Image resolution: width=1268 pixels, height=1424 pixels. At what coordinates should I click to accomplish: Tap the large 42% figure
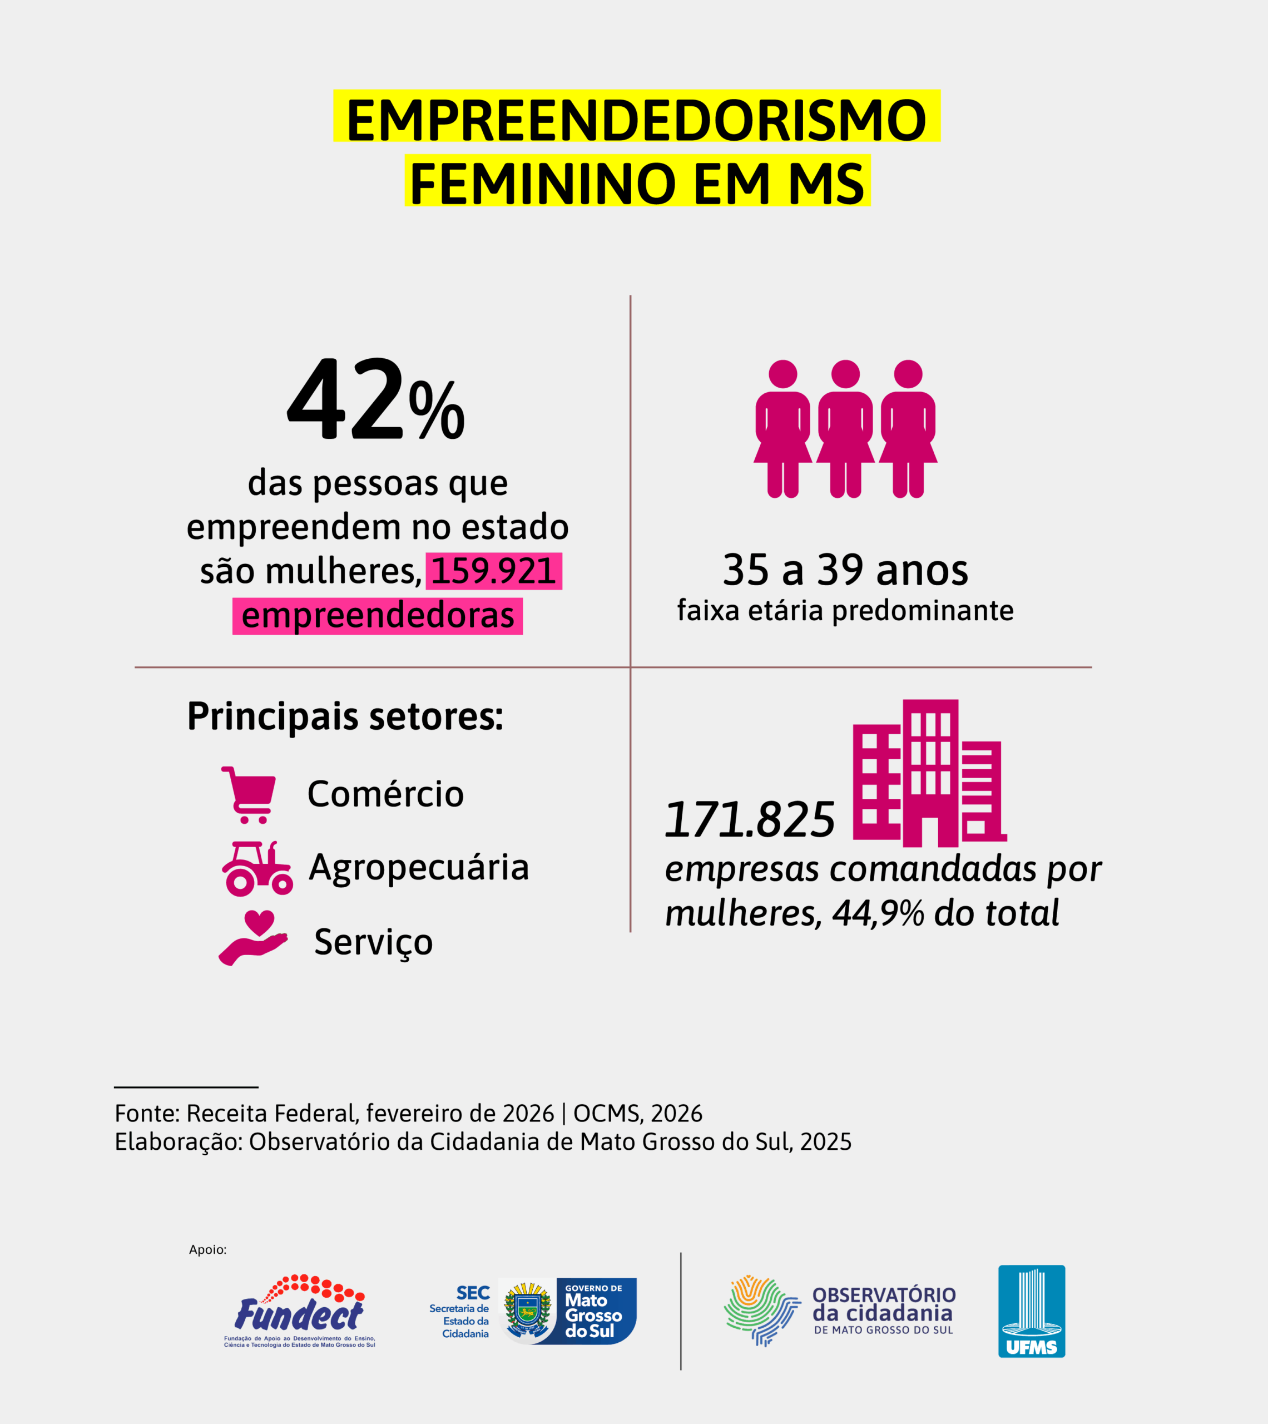[x=375, y=400]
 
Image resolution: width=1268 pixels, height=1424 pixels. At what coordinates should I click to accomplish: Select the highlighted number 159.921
[x=493, y=571]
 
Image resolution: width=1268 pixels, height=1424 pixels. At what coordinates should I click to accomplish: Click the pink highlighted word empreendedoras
[x=378, y=616]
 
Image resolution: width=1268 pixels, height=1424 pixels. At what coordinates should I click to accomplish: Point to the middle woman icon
[x=845, y=428]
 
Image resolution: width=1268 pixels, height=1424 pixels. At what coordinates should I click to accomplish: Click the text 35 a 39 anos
[x=845, y=570]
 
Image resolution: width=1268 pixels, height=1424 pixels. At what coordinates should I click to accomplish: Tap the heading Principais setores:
[x=345, y=716]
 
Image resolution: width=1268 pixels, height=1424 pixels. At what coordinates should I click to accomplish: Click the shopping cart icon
[x=249, y=794]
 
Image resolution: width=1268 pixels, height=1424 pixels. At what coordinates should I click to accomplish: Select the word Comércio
[x=385, y=794]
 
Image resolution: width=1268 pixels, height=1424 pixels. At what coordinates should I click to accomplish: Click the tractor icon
[x=256, y=868]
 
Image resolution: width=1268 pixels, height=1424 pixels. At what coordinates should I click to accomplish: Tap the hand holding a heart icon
[x=253, y=938]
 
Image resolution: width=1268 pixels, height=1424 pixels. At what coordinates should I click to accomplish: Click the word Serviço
[x=373, y=942]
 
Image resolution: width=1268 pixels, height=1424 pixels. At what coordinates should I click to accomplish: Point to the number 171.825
[x=750, y=820]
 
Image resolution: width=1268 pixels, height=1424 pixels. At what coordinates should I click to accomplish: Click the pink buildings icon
[x=929, y=773]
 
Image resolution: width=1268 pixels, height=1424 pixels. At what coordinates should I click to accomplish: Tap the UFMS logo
[x=1031, y=1311]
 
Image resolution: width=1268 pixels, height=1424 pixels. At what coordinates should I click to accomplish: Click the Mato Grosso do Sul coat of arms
[x=527, y=1311]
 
